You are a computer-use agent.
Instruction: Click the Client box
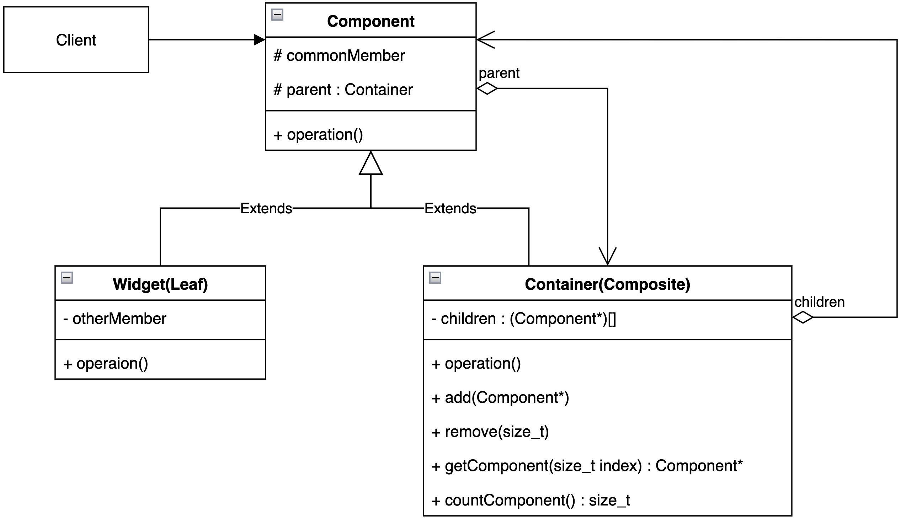[76, 39]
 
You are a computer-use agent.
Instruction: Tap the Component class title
[370, 21]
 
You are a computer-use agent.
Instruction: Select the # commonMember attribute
[339, 55]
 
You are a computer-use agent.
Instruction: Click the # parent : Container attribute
[343, 90]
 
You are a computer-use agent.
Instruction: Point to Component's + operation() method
[318, 134]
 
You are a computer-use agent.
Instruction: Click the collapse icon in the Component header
[277, 15]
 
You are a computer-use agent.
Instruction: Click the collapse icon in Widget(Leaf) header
[67, 277]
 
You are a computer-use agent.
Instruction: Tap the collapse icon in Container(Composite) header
[434, 277]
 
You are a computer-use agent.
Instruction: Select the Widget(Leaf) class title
[160, 284]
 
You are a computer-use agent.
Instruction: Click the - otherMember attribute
[114, 318]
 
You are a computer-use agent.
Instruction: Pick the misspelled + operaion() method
[106, 363]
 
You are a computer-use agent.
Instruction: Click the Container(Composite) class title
[607, 284]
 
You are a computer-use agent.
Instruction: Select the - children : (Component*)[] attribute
[523, 318]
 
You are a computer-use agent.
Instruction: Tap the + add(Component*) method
[500, 397]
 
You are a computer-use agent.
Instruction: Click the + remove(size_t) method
[490, 432]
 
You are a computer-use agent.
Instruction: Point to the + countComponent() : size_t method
[530, 500]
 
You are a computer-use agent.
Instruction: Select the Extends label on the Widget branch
[266, 208]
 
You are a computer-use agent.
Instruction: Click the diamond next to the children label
[802, 317]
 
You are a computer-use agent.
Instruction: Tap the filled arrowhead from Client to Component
[259, 39]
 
